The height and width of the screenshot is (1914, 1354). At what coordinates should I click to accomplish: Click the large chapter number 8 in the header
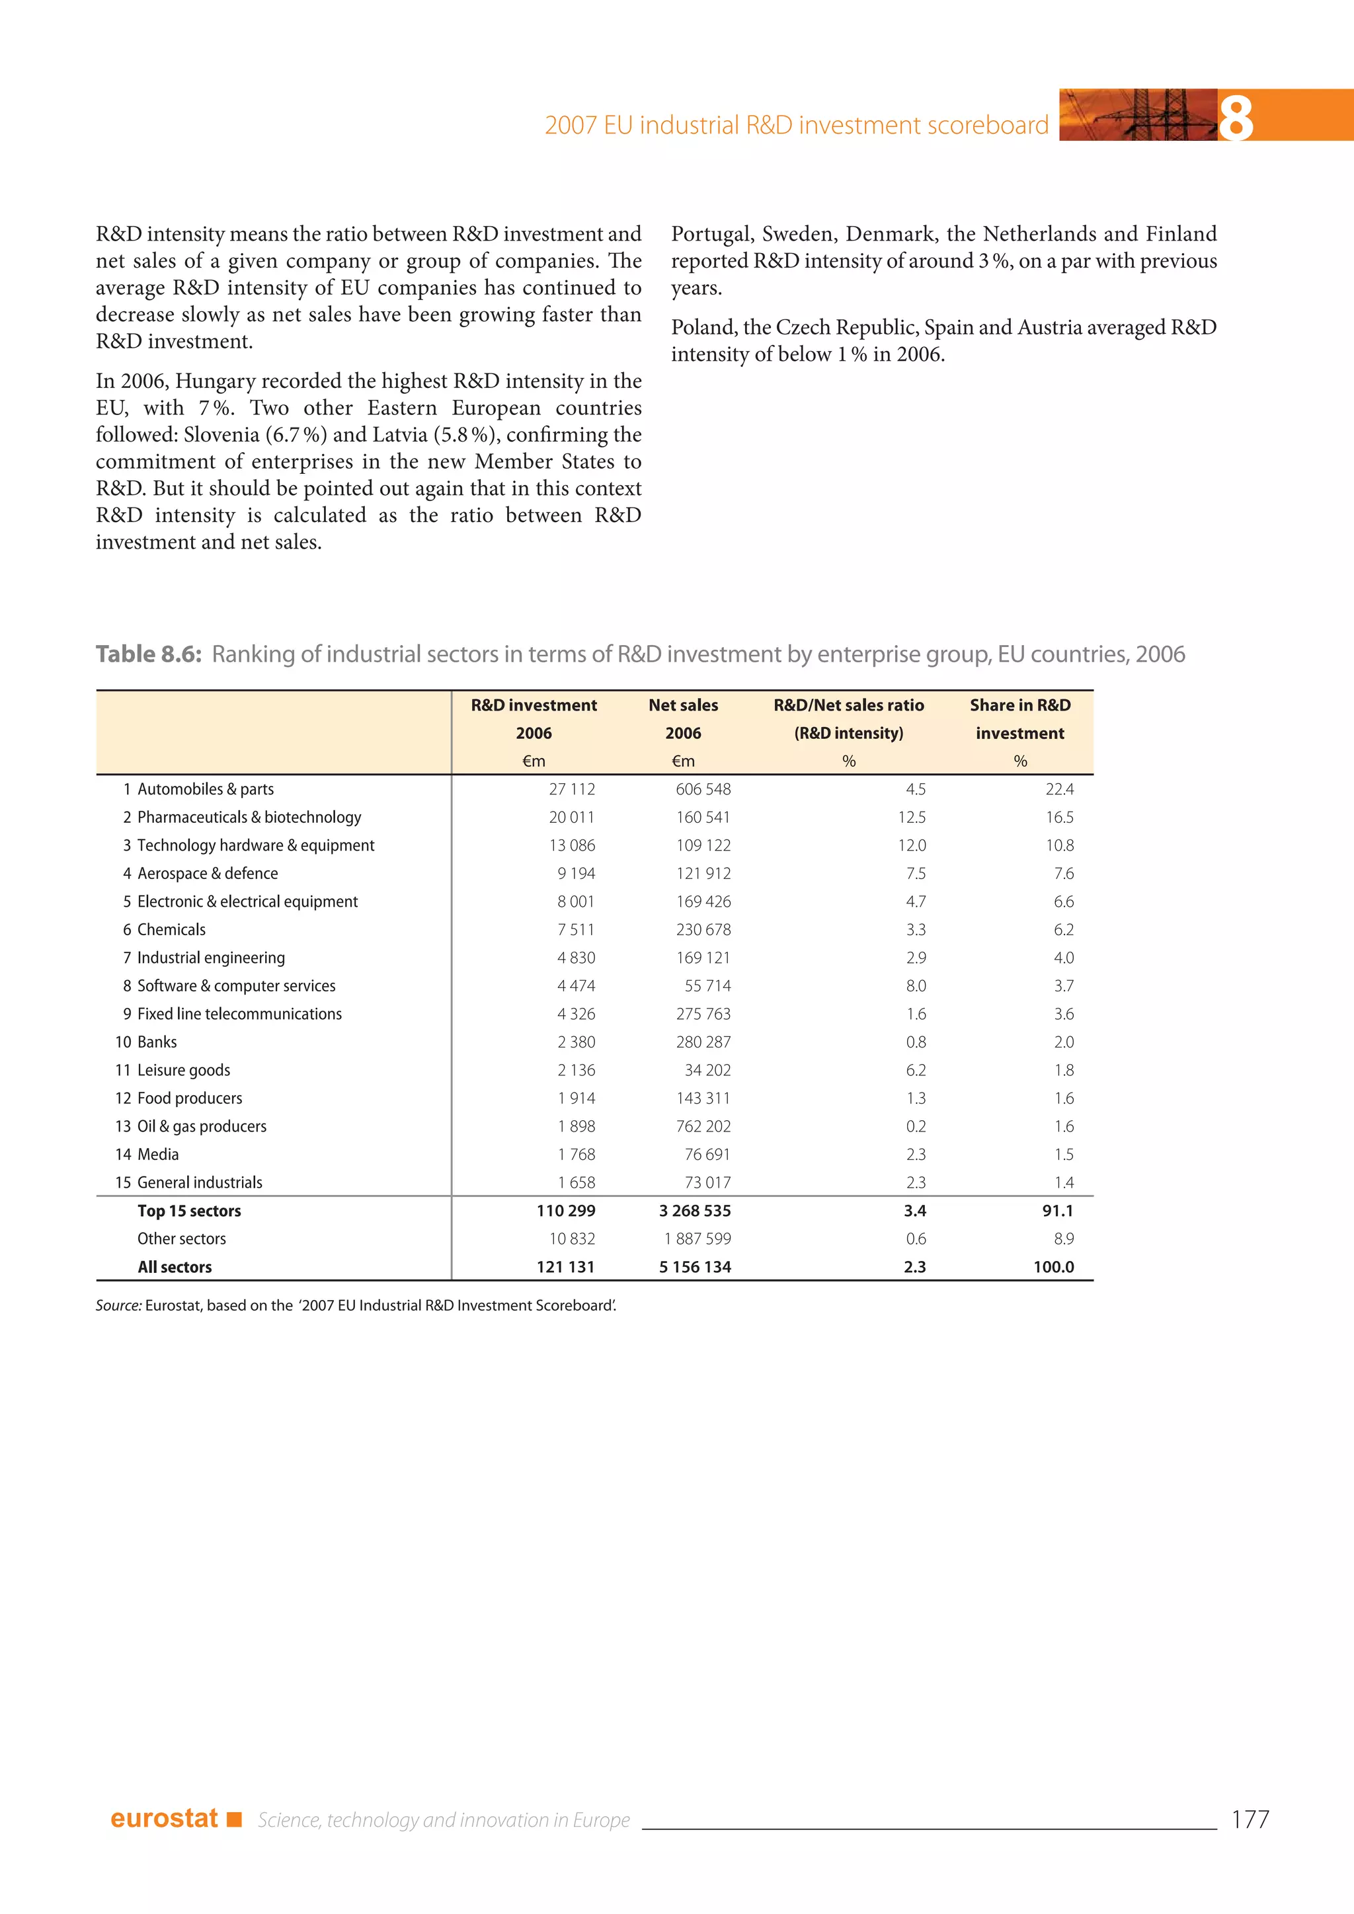(x=1236, y=118)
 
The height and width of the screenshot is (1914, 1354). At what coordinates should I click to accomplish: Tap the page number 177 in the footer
(x=1250, y=1819)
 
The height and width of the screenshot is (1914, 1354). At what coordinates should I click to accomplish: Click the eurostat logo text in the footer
(x=164, y=1818)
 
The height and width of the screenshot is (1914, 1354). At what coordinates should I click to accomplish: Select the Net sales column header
(x=683, y=705)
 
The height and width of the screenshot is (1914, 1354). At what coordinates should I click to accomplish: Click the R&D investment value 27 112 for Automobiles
(x=572, y=789)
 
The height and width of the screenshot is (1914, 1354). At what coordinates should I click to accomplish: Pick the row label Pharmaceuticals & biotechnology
(x=249, y=817)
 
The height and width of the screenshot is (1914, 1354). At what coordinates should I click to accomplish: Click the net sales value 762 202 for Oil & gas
(x=703, y=1126)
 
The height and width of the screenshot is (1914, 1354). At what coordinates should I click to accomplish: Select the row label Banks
(x=157, y=1042)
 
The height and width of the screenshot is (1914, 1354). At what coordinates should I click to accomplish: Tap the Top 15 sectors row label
(x=189, y=1210)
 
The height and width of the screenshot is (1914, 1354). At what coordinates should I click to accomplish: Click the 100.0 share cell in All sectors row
(x=1053, y=1267)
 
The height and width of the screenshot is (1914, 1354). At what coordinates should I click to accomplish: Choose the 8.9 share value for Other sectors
(x=1063, y=1239)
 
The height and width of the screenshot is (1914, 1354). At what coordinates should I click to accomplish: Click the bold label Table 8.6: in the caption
(x=148, y=654)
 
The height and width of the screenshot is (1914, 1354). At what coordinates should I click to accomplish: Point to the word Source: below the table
(x=118, y=1305)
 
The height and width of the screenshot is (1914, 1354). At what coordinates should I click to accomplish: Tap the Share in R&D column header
(x=1019, y=705)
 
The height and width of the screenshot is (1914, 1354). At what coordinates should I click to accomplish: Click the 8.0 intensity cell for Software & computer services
(x=916, y=986)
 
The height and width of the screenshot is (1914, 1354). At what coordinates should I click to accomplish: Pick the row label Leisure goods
(x=183, y=1071)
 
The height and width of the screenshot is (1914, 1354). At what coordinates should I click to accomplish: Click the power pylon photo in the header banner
(x=1138, y=115)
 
